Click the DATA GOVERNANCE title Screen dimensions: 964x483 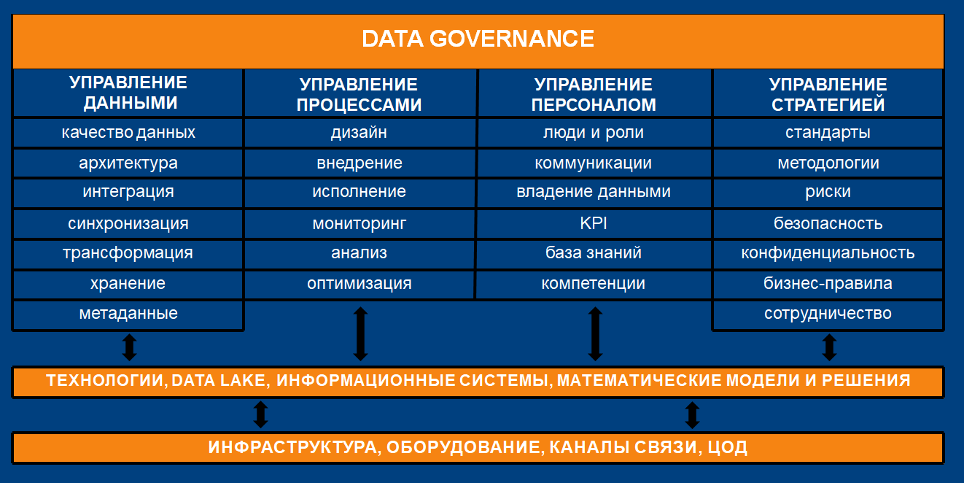point(478,39)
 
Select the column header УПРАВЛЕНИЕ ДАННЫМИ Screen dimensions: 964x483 point(128,93)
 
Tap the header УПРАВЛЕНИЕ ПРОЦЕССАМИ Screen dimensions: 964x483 point(359,95)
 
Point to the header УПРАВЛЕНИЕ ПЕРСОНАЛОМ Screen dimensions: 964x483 point(594,95)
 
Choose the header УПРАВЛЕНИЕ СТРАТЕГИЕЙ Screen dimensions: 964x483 point(828,95)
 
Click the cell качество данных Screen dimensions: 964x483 point(128,133)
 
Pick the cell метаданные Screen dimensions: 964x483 point(128,314)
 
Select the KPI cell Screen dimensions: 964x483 point(594,223)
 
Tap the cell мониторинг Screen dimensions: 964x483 point(359,224)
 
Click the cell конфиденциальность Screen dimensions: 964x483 point(828,253)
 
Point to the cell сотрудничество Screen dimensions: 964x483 point(828,314)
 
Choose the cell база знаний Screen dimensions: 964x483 point(594,252)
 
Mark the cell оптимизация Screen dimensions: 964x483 point(359,284)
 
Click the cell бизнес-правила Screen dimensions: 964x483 point(828,284)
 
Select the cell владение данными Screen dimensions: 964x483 point(594,192)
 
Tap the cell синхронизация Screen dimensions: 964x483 point(128,224)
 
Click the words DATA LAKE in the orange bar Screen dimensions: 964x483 point(219,381)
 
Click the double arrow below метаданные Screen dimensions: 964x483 point(130,347)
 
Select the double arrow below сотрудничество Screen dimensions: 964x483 point(830,347)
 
